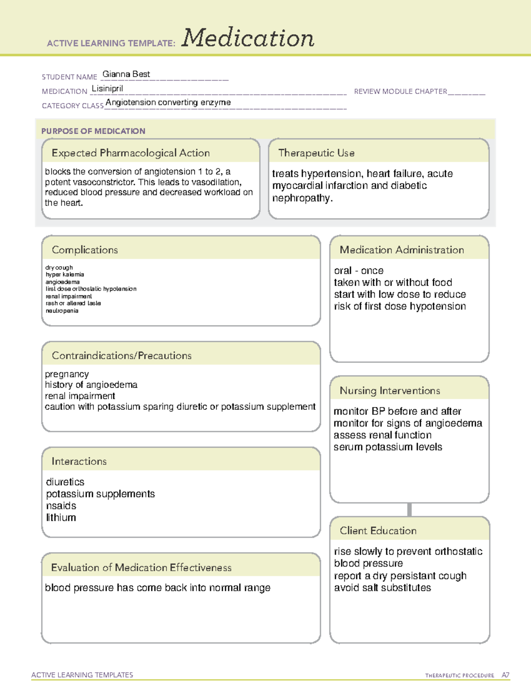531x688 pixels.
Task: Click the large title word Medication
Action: pyautogui.click(x=248, y=38)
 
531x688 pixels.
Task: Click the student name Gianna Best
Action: pyautogui.click(x=126, y=74)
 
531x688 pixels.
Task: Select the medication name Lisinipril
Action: pyautogui.click(x=107, y=89)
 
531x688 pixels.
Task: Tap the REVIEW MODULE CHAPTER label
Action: pyautogui.click(x=400, y=91)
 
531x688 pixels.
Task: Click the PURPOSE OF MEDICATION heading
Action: pyautogui.click(x=93, y=131)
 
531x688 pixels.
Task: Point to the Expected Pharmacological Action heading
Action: pyautogui.click(x=131, y=153)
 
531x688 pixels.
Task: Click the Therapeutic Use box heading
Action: pyautogui.click(x=316, y=153)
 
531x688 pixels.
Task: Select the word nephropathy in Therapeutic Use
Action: pyautogui.click(x=301, y=198)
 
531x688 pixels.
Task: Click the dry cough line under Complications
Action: pyautogui.click(x=59, y=268)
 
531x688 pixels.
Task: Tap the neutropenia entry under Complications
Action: pyautogui.click(x=62, y=311)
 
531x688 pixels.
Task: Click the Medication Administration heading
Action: pyautogui.click(x=401, y=250)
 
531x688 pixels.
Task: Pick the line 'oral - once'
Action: pyautogui.click(x=358, y=271)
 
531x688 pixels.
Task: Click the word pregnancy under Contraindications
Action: pyautogui.click(x=67, y=374)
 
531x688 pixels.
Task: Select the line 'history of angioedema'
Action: pyautogui.click(x=91, y=385)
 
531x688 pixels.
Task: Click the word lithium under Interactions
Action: pyautogui.click(x=61, y=517)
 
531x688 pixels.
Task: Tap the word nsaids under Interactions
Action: pyautogui.click(x=61, y=505)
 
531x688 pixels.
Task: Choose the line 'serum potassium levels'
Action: pyautogui.click(x=388, y=447)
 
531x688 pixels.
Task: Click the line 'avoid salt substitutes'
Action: pyautogui.click(x=382, y=588)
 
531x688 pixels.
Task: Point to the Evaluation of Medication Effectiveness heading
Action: pyautogui.click(x=141, y=568)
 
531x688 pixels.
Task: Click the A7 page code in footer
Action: pyautogui.click(x=505, y=675)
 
